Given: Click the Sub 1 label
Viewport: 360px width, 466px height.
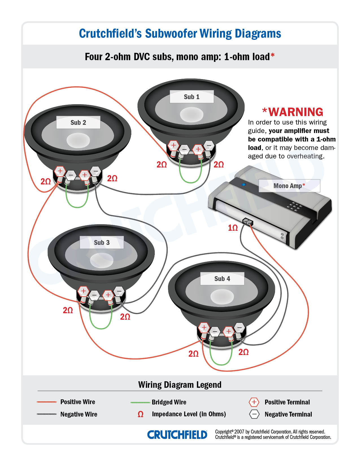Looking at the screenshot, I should click(191, 97).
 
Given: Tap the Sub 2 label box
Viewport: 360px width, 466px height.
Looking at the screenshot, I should click(78, 123).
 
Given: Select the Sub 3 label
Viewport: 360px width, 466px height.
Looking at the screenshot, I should click(102, 243).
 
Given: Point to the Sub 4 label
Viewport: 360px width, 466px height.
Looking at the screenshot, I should click(222, 279).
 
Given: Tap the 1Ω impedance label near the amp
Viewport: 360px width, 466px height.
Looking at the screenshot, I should click(233, 228).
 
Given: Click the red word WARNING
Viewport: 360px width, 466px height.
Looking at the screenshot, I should click(296, 112).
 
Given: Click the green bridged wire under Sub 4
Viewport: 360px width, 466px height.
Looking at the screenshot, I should click(221, 364).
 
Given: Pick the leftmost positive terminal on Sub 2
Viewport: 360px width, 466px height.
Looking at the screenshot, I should click(60, 171).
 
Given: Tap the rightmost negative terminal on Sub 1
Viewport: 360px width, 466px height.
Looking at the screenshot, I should click(209, 145).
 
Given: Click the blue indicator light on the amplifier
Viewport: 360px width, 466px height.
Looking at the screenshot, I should click(243, 185).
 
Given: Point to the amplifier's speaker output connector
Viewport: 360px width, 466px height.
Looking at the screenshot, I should click(248, 222).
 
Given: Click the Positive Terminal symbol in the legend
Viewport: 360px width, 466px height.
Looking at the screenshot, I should click(254, 402).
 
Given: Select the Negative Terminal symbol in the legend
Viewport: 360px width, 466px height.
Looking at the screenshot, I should click(254, 414).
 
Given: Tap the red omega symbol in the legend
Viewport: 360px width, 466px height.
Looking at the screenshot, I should click(140, 414).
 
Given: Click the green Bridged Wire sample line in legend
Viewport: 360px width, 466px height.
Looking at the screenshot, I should click(140, 402).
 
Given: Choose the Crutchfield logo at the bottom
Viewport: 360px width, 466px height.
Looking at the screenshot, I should click(177, 435).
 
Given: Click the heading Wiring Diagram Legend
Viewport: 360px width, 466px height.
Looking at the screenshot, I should click(180, 385).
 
